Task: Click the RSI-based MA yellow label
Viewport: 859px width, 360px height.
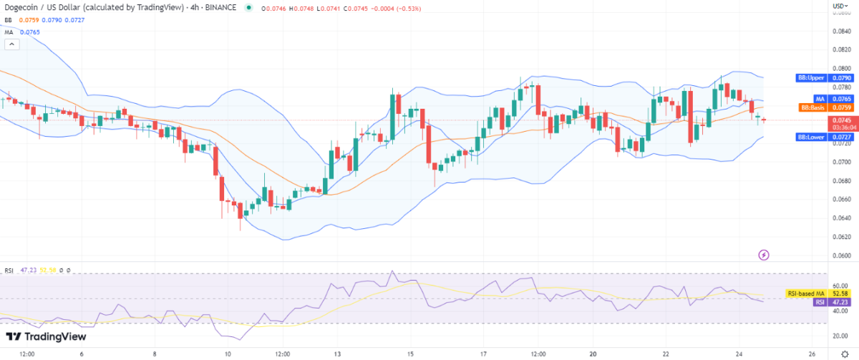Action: pyautogui.click(x=807, y=293)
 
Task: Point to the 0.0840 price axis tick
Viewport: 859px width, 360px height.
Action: pyautogui.click(x=842, y=31)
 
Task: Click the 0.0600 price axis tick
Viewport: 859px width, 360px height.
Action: pyautogui.click(x=842, y=256)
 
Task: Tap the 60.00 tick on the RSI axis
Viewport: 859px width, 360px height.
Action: pyautogui.click(x=840, y=286)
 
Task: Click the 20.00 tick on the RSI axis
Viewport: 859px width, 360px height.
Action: pyautogui.click(x=840, y=336)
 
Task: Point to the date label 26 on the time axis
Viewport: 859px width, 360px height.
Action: pyautogui.click(x=812, y=354)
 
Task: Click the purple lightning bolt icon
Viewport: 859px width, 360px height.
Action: pyautogui.click(x=764, y=254)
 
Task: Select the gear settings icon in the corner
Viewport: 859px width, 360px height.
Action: pyautogui.click(x=844, y=354)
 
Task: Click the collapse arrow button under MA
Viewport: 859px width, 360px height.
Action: pyautogui.click(x=12, y=44)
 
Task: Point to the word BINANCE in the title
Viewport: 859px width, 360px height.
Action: pyautogui.click(x=222, y=8)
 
